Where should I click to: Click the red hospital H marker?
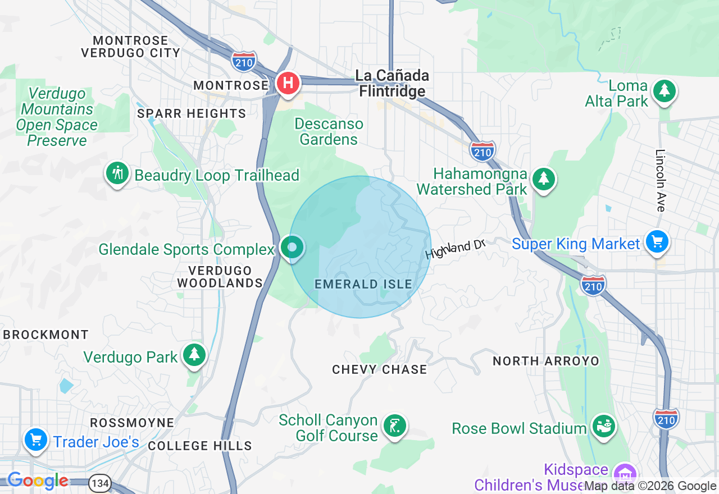[288, 84]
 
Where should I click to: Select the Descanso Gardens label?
[329, 131]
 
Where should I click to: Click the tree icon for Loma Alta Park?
[665, 90]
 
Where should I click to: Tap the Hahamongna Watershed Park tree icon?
[543, 179]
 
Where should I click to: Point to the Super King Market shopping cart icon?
[657, 242]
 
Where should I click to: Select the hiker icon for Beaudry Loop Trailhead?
[117, 173]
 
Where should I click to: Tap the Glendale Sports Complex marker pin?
[292, 248]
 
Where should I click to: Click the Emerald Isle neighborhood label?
[363, 285]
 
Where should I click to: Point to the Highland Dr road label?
[454, 248]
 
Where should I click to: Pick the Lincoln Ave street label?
[661, 180]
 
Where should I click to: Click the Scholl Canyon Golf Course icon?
[394, 426]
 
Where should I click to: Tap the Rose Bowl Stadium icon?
[604, 427]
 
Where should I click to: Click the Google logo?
[38, 481]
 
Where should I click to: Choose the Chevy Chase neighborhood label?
[380, 369]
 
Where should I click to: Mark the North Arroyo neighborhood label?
[546, 361]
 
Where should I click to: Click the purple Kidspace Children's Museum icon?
[624, 470]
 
